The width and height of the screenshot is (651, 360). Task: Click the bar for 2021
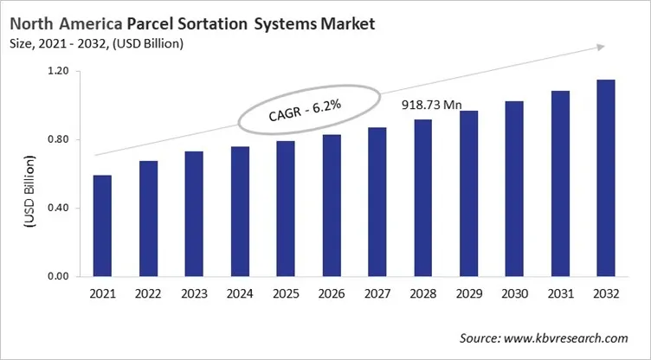102,226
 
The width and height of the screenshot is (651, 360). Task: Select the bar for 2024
240,212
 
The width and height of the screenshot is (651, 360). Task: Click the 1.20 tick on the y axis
57,71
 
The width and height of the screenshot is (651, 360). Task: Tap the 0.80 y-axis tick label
57,139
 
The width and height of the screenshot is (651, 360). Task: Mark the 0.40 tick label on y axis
57,208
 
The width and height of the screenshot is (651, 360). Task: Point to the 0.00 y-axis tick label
57,276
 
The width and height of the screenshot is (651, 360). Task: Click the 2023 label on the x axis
194,294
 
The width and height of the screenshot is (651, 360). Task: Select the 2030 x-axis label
516,294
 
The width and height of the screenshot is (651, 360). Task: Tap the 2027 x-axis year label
378,294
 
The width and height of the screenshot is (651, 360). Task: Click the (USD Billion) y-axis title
29,192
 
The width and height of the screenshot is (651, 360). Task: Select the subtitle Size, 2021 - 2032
100,43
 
